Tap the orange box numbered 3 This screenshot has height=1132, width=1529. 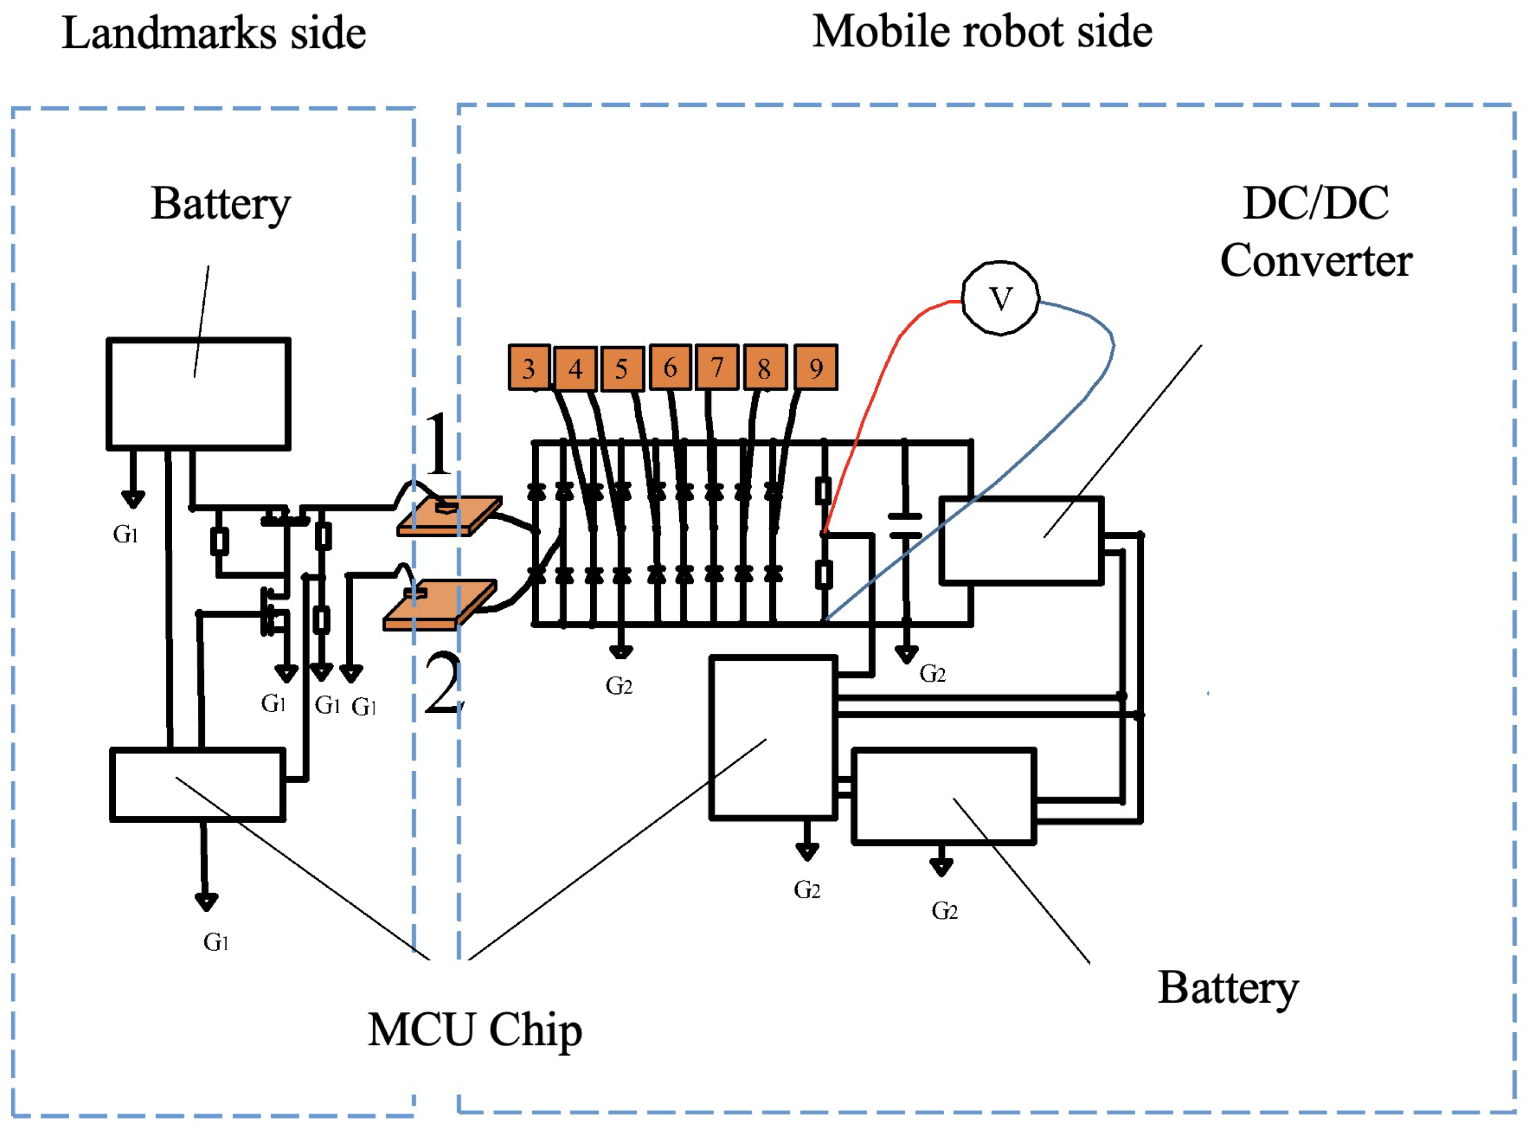[528, 367]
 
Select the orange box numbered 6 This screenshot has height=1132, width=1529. [670, 367]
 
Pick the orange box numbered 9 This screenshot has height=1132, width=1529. [815, 367]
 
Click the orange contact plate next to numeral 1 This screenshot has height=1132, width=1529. [449, 516]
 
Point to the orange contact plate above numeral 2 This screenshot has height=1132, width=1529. [439, 604]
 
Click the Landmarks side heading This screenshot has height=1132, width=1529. [214, 33]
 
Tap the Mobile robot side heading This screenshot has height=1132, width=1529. [981, 32]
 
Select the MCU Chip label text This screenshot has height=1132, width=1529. [474, 1030]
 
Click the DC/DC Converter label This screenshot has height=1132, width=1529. [1315, 232]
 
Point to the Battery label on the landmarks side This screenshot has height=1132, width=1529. [220, 203]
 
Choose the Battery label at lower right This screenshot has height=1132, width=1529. [1227, 988]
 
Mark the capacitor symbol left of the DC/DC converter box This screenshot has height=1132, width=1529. [905, 525]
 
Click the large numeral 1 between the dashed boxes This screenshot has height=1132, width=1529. [438, 444]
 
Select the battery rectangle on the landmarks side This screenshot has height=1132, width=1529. [199, 394]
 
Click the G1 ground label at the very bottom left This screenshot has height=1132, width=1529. [216, 942]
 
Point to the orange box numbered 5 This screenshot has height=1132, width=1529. [621, 368]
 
